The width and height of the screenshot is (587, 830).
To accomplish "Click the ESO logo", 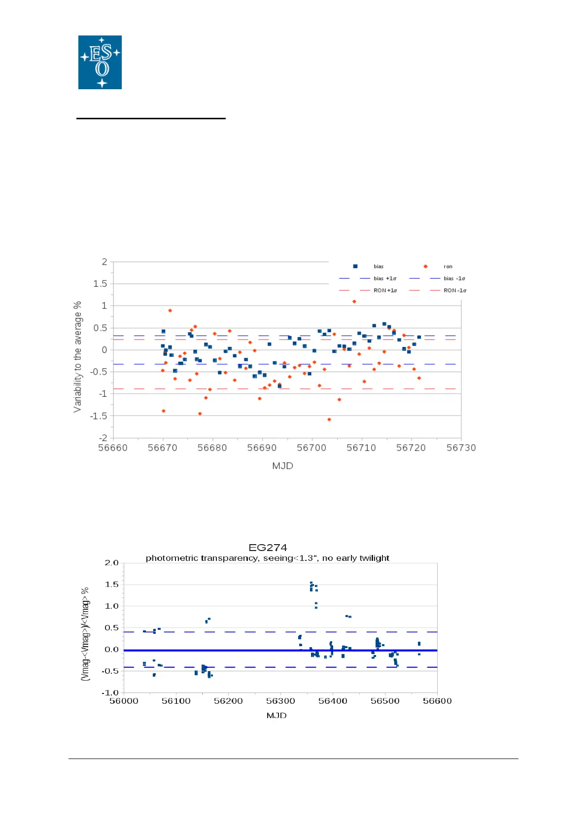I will coord(100,62).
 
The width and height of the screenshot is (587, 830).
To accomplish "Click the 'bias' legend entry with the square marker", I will coord(378,267).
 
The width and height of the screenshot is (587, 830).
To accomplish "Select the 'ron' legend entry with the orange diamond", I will coord(448,267).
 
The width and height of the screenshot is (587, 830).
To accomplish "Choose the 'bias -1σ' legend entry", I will coord(454,278).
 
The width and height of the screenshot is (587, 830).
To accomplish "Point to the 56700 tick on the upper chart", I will coord(311,448).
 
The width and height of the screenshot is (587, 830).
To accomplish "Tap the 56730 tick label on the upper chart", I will coord(461,448).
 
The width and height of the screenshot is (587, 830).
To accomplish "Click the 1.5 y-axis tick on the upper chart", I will coord(100,283).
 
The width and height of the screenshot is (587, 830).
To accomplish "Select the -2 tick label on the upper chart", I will coord(103,438).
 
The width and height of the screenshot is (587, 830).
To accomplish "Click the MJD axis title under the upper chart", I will coord(282,466).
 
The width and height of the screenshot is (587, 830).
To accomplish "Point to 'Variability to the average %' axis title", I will coord(77,357).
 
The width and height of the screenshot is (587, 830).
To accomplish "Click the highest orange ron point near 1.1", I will coord(354,302).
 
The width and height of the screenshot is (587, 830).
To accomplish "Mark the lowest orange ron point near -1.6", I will coord(329,419).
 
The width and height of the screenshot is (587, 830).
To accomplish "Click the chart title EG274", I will coord(268,548).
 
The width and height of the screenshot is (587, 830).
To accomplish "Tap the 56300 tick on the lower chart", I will coord(280,701).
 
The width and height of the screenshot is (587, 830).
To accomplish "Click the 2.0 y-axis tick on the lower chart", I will coord(112,563).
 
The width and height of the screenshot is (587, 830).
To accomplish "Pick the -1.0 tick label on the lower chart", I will coord(111,692).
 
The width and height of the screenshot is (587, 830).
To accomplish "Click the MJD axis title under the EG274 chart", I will coord(276,715).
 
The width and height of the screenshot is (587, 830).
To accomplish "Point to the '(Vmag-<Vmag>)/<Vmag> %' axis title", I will coord(85,634).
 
